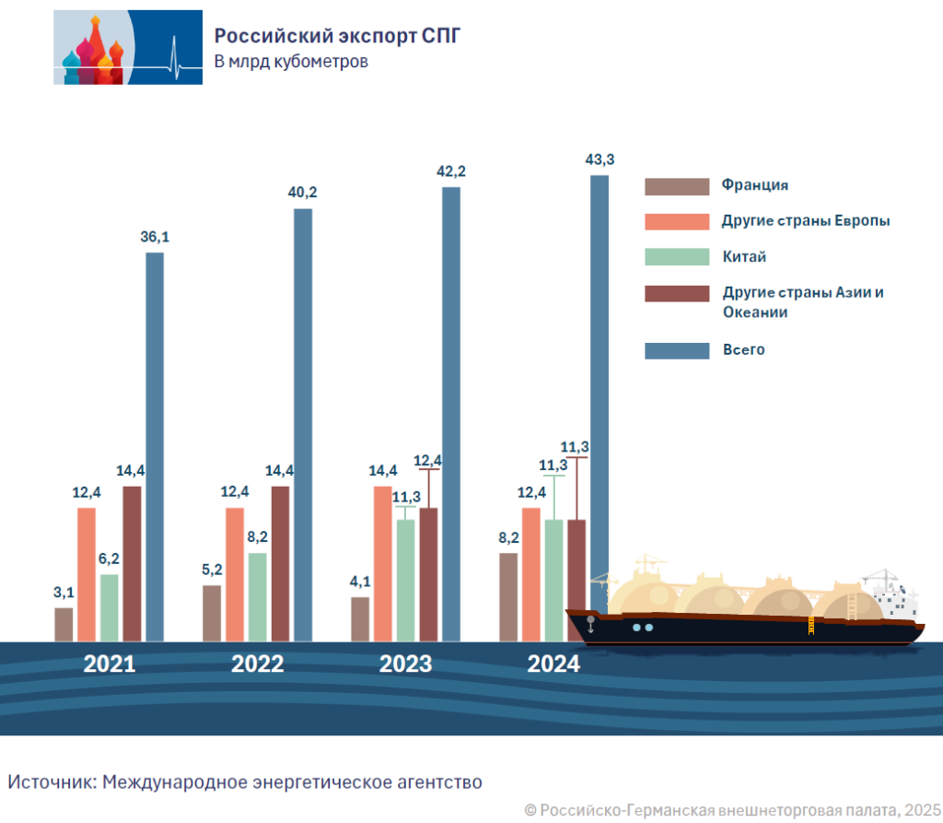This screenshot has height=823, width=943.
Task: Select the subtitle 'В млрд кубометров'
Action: (x=291, y=63)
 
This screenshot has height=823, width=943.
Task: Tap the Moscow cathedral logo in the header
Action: (x=127, y=47)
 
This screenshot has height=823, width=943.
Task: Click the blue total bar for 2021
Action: (x=155, y=446)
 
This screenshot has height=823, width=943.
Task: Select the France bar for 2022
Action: (x=212, y=613)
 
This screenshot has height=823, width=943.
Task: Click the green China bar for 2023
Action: (x=405, y=580)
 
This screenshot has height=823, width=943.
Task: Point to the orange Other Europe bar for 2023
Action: (x=383, y=562)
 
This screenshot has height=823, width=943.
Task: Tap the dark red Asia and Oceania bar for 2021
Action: (x=133, y=562)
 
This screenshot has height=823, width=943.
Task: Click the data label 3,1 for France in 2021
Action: (x=64, y=592)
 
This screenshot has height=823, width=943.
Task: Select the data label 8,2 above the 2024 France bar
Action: (x=508, y=537)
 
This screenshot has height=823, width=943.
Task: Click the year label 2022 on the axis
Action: (x=258, y=664)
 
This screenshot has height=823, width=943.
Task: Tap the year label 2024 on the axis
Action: (x=553, y=664)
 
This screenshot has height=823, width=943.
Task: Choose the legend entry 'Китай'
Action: (x=744, y=256)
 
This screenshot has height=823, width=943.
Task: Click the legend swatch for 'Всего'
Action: (x=677, y=350)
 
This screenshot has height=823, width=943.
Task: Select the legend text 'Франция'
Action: (x=755, y=185)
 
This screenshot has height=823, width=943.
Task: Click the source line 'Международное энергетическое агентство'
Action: (x=292, y=782)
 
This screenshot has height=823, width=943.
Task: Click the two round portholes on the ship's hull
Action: (x=643, y=628)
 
